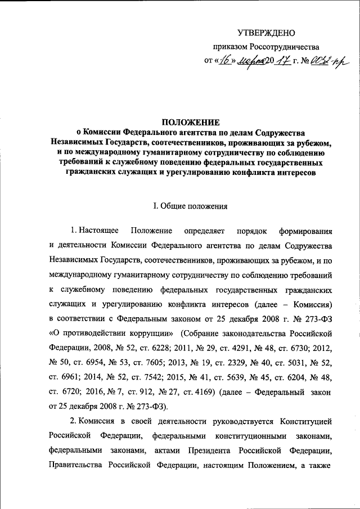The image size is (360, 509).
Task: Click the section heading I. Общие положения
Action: click(x=191, y=206)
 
